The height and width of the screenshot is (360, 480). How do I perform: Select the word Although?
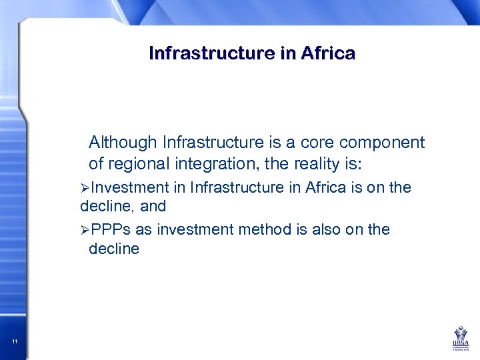coord(123,143)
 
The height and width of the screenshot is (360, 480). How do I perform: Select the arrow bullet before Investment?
coord(85,188)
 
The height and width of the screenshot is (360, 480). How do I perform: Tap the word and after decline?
coord(152,206)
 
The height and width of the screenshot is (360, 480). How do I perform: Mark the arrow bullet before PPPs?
coord(85,230)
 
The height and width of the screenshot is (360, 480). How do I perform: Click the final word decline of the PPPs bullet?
coord(114,249)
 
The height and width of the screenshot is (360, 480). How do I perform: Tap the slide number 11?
coord(15,342)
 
